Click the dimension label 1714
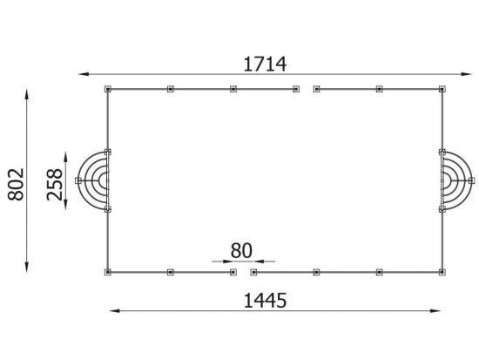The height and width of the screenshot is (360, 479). (x=265, y=65)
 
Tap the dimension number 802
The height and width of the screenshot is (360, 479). (x=16, y=185)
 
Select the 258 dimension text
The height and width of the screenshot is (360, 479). (x=55, y=185)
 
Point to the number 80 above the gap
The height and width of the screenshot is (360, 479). (x=241, y=250)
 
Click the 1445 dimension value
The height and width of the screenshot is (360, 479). (x=265, y=301)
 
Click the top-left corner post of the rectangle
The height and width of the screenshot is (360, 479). (x=108, y=89)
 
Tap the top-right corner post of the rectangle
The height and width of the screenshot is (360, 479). (x=442, y=89)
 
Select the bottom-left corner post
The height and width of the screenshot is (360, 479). (x=108, y=272)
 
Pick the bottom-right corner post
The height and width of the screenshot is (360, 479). (x=442, y=272)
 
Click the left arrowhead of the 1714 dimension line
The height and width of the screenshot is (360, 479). (x=84, y=74)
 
